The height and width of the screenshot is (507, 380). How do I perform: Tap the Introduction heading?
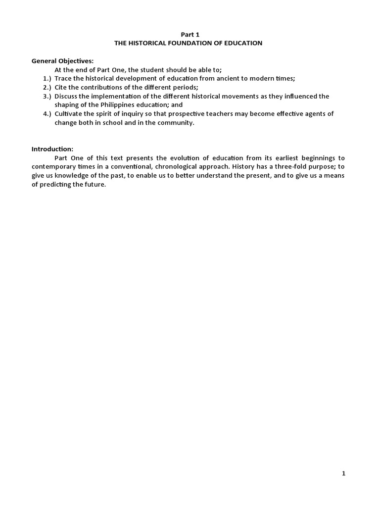[52, 149]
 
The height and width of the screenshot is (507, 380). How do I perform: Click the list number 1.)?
[47, 79]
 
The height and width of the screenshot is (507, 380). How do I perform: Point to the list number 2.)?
[47, 87]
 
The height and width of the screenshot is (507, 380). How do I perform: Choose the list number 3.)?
[47, 96]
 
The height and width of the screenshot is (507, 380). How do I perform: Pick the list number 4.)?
[47, 114]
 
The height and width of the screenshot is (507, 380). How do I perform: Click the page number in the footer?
[343, 473]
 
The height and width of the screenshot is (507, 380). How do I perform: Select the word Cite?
[61, 87]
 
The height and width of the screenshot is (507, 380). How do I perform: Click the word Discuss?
[66, 96]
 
